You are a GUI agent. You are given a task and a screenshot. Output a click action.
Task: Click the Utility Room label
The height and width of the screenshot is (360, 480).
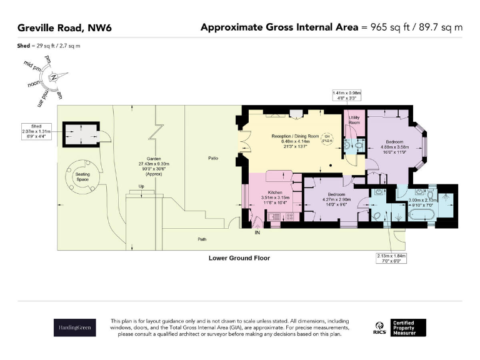354,119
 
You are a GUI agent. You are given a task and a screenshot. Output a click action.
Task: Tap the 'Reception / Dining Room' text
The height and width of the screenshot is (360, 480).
295,136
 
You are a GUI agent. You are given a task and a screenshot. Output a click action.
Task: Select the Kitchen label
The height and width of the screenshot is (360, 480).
276,192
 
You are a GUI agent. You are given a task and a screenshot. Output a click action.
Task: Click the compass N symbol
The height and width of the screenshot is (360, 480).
55,77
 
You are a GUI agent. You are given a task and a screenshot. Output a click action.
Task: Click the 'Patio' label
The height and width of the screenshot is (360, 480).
213,159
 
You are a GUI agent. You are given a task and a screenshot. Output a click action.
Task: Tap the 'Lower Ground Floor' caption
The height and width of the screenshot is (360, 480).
239,257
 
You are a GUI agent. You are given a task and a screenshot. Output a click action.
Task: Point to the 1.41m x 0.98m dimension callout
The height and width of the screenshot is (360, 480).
347,95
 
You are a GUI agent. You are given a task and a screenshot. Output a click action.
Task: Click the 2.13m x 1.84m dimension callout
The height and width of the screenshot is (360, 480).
391,257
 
